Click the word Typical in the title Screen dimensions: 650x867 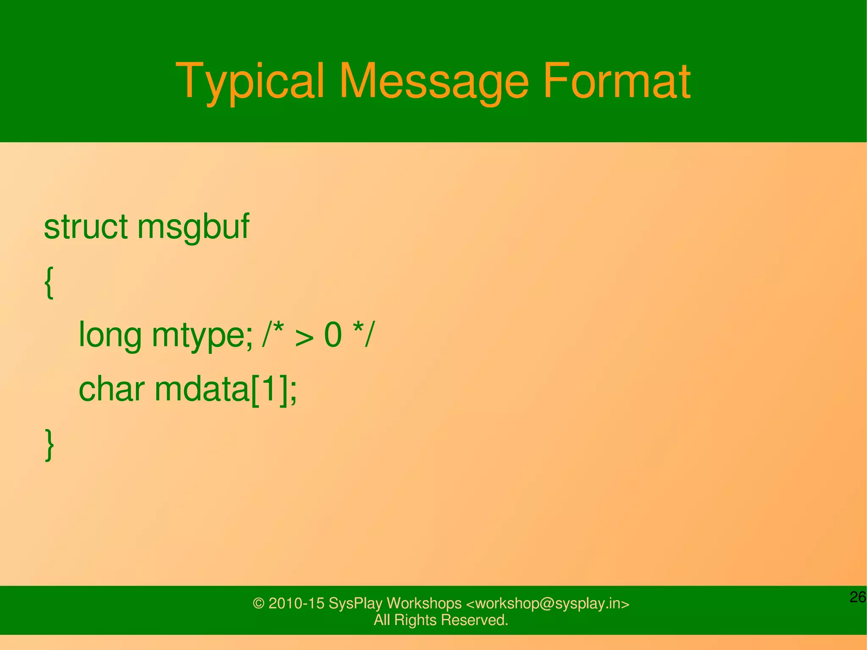pyautogui.click(x=250, y=81)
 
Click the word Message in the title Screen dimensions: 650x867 pyautogui.click(x=433, y=81)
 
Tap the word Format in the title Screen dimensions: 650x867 pyautogui.click(x=616, y=81)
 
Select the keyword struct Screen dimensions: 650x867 pyautogui.click(x=86, y=227)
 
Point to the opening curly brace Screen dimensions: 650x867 pyautogui.click(x=49, y=283)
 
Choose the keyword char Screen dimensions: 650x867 pyautogui.click(x=112, y=390)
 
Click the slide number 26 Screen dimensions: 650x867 pyautogui.click(x=858, y=597)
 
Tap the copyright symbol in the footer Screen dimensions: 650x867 pyautogui.click(x=259, y=603)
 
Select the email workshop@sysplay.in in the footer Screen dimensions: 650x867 pyautogui.click(x=547, y=603)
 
